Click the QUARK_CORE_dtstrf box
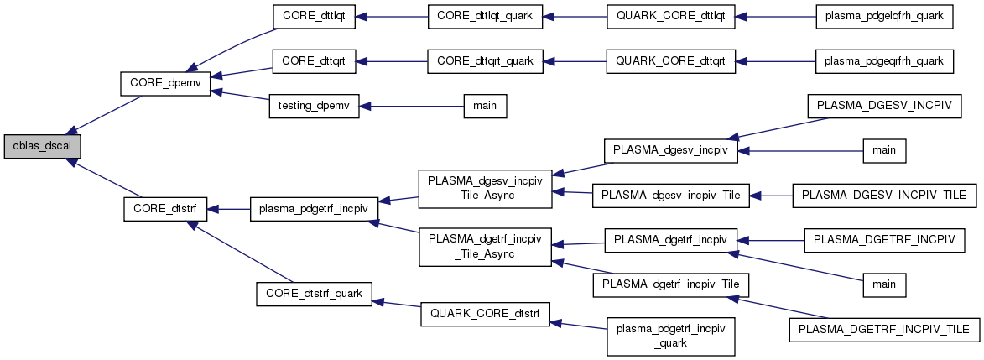[x=486, y=314]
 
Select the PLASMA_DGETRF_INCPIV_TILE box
[x=884, y=330]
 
